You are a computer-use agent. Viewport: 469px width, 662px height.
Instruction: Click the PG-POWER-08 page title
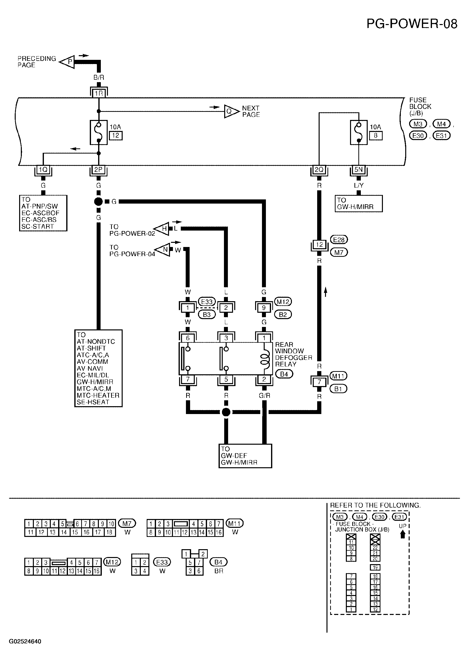click(412, 24)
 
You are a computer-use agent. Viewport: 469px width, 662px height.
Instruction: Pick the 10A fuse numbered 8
click(359, 132)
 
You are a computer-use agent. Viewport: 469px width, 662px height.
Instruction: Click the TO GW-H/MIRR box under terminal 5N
click(359, 204)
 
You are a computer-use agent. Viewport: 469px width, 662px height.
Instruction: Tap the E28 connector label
click(339, 240)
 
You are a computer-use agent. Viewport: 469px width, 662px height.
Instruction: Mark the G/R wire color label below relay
click(264, 396)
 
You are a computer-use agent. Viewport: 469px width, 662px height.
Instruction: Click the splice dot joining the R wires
click(226, 412)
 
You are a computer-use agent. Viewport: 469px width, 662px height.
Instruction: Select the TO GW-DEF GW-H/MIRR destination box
click(245, 456)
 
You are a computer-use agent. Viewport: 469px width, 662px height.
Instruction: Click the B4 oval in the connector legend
click(219, 562)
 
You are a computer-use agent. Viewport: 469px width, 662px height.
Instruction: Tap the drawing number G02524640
click(25, 641)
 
